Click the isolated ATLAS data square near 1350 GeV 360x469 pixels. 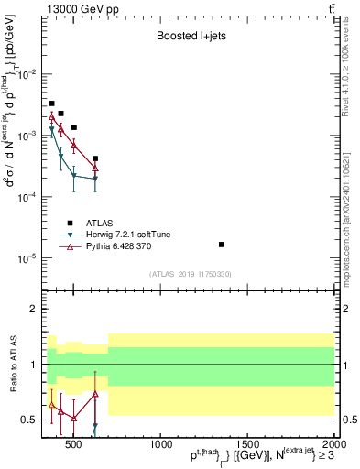point(222,245)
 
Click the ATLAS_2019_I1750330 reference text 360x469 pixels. point(191,274)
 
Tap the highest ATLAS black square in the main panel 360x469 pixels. point(51,104)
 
